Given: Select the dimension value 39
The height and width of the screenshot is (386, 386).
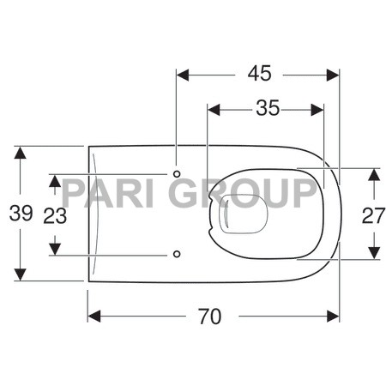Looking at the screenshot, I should (x=21, y=214).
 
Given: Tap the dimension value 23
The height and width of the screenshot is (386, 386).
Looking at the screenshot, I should (x=55, y=215).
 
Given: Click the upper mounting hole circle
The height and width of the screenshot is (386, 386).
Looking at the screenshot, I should (x=177, y=174).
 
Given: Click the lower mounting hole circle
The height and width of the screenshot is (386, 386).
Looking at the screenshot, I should (x=177, y=254).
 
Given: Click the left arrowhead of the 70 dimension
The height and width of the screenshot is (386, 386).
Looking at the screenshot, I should (x=93, y=316).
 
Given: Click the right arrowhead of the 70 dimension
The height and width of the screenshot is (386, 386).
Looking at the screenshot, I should (x=335, y=316).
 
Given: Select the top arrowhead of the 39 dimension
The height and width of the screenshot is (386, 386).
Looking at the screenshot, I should (x=21, y=152).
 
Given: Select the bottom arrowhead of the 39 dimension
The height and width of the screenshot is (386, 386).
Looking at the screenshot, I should (x=21, y=275).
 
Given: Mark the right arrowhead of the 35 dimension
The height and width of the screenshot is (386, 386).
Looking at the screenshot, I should (x=319, y=109).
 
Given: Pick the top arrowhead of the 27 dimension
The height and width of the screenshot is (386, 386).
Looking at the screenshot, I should (x=372, y=172).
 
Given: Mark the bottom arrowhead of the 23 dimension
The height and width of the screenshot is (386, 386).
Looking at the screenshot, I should (x=55, y=250).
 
